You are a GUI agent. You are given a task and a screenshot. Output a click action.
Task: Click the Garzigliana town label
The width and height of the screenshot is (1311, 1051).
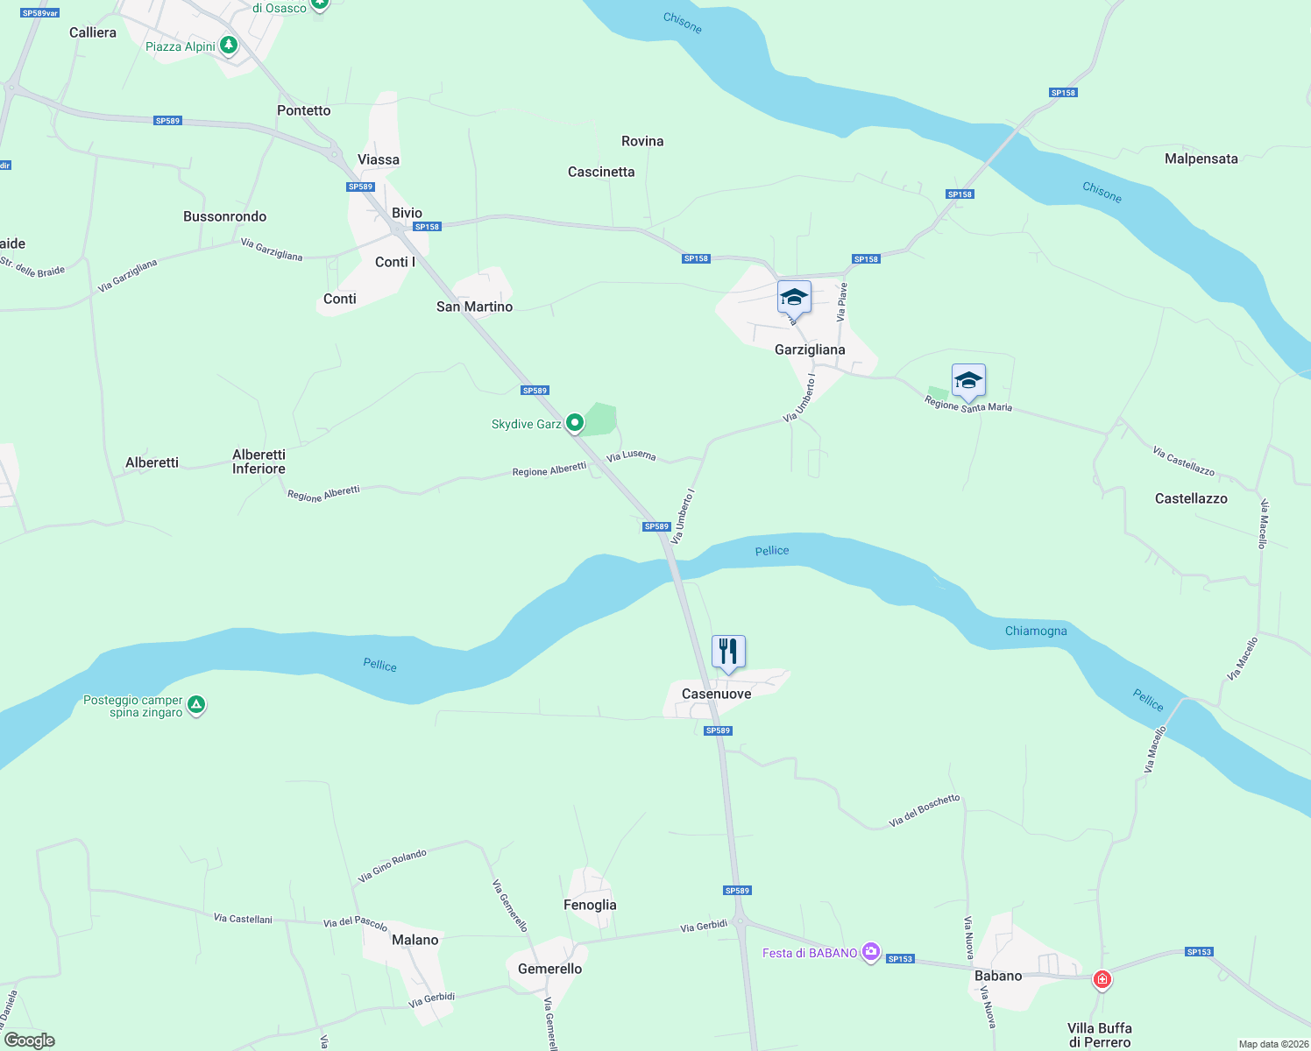[810, 349]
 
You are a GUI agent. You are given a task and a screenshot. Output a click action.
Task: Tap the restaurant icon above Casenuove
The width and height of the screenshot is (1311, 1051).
[728, 652]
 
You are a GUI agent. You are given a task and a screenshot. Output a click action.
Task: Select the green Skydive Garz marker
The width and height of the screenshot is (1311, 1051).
[575, 424]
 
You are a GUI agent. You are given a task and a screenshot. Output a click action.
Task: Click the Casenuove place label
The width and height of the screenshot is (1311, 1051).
[716, 694]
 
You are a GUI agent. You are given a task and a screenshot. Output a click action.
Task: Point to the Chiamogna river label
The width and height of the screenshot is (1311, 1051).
[1036, 631]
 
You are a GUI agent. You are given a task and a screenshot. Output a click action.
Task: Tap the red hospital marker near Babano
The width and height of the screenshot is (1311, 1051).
[1102, 979]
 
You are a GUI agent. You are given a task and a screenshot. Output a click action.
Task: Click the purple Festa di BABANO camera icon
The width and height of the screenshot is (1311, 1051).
[870, 952]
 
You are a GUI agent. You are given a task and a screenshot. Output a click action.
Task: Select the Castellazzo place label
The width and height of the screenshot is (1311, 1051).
[1191, 498]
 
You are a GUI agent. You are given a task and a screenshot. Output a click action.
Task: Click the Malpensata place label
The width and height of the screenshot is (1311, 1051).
[1201, 159]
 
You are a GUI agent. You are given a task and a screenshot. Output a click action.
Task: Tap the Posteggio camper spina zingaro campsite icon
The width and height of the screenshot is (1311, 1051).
[196, 704]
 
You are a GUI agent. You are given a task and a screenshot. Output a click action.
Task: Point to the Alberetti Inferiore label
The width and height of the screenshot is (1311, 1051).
[259, 462]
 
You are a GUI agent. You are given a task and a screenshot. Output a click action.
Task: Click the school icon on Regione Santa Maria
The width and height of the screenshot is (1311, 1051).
[967, 381]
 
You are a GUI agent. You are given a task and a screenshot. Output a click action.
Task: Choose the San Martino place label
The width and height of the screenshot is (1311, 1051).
[474, 307]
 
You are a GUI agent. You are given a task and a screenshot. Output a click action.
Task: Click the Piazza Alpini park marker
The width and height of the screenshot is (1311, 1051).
[229, 45]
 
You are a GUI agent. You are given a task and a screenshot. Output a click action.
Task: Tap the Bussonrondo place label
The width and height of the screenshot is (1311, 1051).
[224, 216]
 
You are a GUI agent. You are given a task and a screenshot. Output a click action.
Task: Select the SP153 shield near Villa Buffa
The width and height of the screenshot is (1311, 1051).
[1199, 952]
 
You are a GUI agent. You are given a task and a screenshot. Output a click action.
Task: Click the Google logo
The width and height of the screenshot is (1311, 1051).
[30, 1040]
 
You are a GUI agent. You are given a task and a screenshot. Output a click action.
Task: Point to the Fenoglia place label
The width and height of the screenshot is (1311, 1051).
[590, 905]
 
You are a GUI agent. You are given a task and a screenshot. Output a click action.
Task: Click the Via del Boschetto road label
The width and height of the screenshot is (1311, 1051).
[925, 810]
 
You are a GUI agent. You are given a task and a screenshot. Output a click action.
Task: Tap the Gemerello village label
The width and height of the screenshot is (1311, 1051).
[549, 969]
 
